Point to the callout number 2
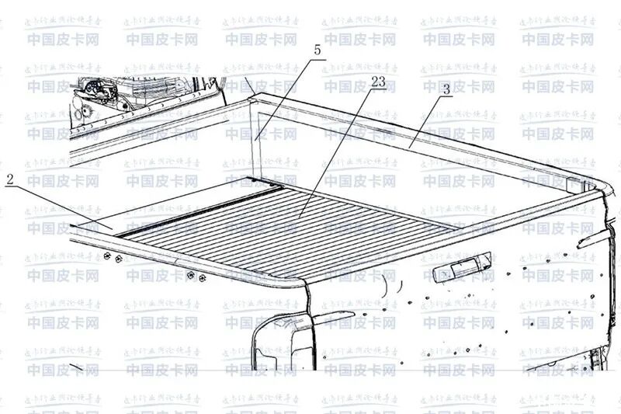click(x=10, y=179)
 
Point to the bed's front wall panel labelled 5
click(x=256, y=133)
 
